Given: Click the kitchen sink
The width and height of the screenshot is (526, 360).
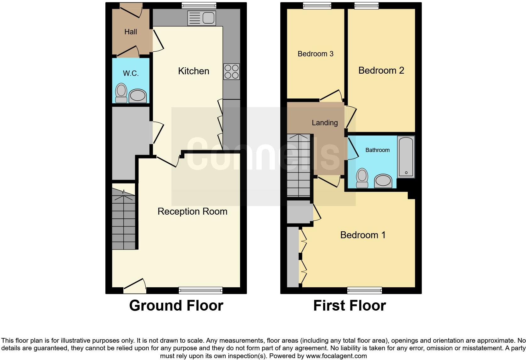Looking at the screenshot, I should click(201, 18).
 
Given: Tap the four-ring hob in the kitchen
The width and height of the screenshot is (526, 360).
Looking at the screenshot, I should click(231, 71).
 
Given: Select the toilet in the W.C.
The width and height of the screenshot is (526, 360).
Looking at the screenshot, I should click(121, 93).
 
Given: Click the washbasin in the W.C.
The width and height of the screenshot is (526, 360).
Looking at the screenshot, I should click(138, 96).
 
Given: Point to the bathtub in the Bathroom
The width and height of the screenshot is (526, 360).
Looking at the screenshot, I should click(406, 156).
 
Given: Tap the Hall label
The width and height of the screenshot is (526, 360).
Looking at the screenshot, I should click(131, 32).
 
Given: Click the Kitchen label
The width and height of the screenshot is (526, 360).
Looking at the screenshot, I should click(193, 71).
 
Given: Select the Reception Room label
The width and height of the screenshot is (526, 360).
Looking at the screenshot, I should click(192, 211).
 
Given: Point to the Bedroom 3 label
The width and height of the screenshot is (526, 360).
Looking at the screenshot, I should click(315, 54).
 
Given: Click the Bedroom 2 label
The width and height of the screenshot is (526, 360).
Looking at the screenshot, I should click(381, 70).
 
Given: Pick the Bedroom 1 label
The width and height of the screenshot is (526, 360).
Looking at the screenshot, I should click(363, 235).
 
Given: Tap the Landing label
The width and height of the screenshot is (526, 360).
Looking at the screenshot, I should click(325, 123).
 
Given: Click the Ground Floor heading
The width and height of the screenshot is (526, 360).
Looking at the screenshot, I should click(176, 306).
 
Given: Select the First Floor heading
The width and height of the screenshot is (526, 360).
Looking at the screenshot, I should click(350, 306).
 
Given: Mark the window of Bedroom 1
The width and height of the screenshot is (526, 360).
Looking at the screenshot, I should click(365, 290).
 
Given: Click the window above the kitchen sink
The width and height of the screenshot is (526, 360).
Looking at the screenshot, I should click(199, 5).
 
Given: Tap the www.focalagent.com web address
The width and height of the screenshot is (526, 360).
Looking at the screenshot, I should click(336, 356).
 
